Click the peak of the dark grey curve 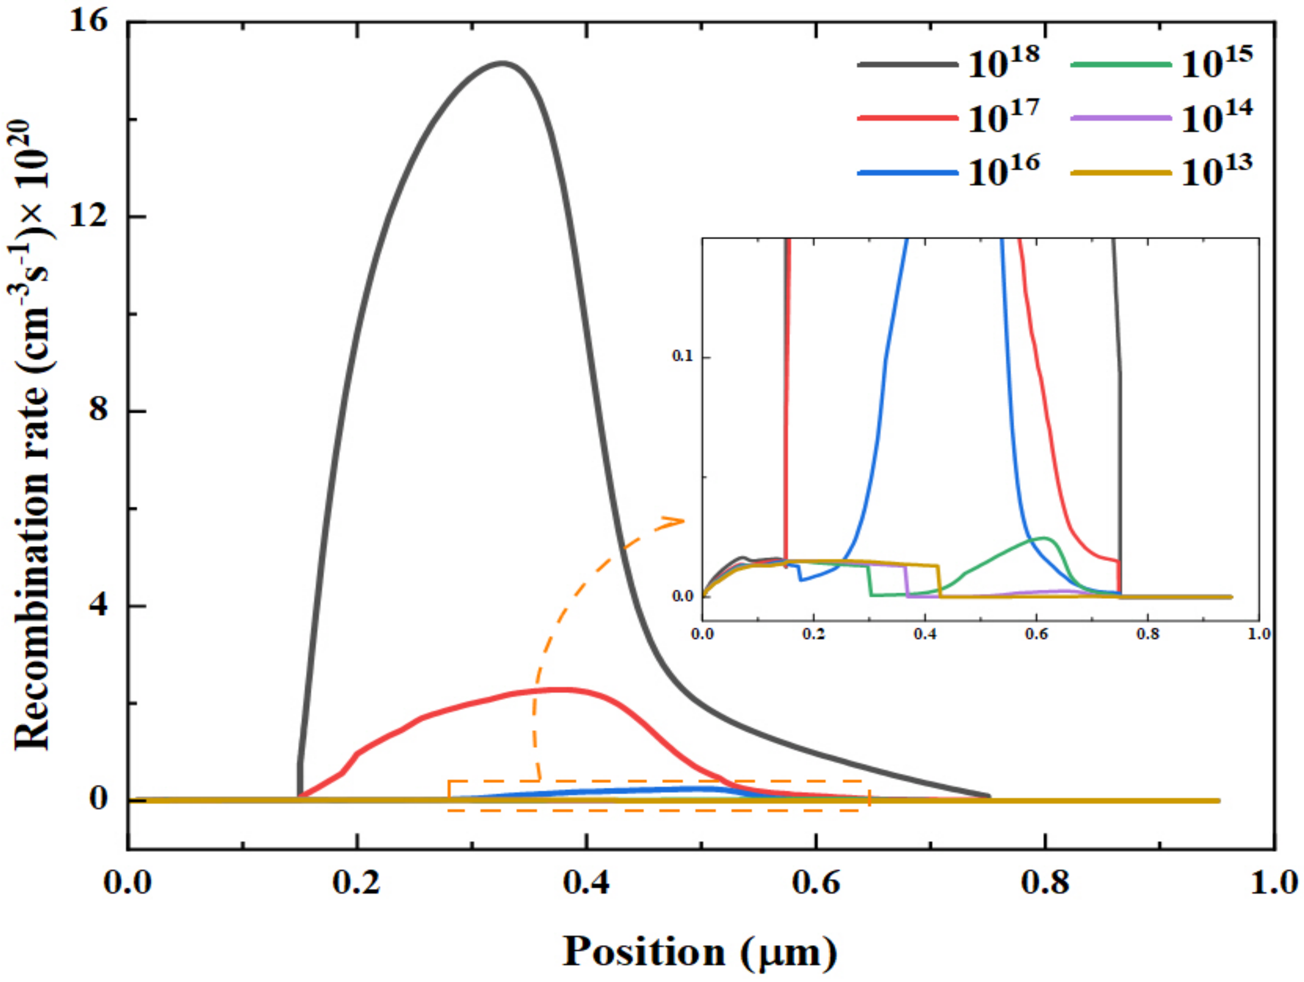(502, 63)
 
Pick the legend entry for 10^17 (949, 117)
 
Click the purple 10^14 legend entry (1161, 117)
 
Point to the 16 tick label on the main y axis (88, 22)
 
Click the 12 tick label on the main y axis (88, 217)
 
